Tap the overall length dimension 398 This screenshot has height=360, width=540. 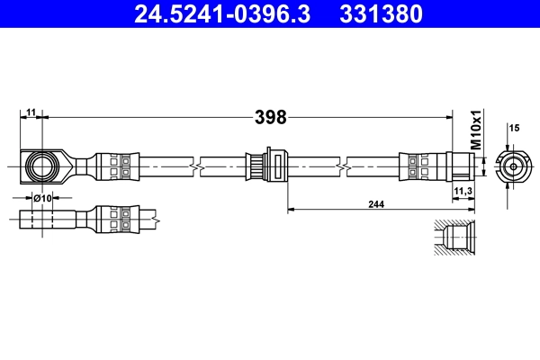tap(270, 117)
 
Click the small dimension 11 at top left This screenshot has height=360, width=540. tap(31, 112)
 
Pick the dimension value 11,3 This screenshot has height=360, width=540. tap(463, 192)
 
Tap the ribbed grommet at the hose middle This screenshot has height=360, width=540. tap(267, 165)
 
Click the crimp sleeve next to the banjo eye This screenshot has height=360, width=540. tap(117, 165)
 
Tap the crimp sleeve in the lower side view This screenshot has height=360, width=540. tap(117, 216)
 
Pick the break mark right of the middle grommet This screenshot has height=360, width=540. tap(343, 166)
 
